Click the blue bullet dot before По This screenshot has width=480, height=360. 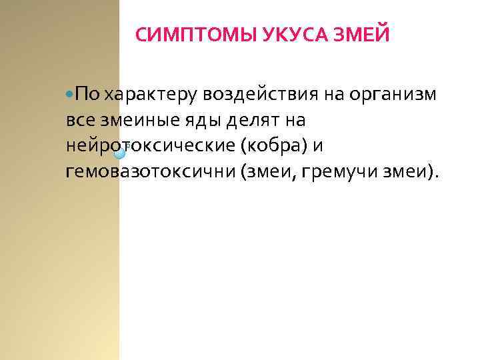pos(71,95)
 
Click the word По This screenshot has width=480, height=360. pos(88,95)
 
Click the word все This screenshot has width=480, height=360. pos(80,121)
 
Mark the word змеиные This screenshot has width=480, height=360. pos(139,121)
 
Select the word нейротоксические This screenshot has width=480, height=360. pos(149,146)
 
